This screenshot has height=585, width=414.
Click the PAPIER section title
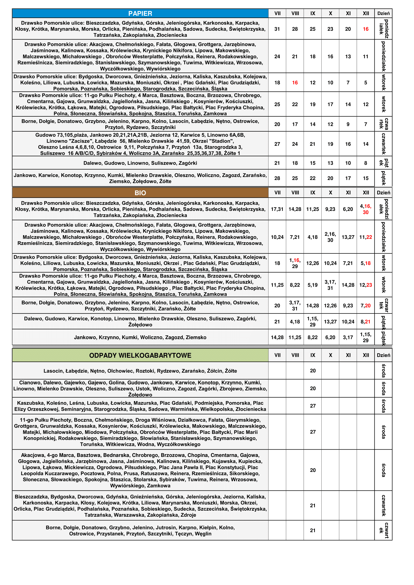pyautogui.click(x=140, y=14)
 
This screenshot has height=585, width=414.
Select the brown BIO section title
pyautogui.click(x=140, y=193)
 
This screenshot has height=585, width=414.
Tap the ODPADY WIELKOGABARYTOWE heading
pyautogui.click(x=140, y=356)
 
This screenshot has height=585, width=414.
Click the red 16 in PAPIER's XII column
pyautogui.click(x=365, y=29)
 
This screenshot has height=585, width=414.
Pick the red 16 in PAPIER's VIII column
pyautogui.click(x=295, y=83)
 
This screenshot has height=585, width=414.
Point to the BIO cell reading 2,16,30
pyautogui.click(x=330, y=237)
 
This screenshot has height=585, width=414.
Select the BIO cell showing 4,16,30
pyautogui.click(x=365, y=209)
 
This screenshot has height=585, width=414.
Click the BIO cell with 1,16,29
pyautogui.click(x=295, y=263)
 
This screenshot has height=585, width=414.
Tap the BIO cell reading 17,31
pyautogui.click(x=277, y=209)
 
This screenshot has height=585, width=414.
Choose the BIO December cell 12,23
pyautogui.click(x=365, y=285)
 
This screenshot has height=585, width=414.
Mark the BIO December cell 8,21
pyautogui.click(x=365, y=322)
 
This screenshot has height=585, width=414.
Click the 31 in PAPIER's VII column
pyautogui.click(x=277, y=29)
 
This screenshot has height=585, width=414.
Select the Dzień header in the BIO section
pyautogui.click(x=383, y=193)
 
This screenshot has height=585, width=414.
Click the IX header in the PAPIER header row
pyautogui.click(x=313, y=14)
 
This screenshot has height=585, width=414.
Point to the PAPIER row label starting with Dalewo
pyautogui.click(x=140, y=163)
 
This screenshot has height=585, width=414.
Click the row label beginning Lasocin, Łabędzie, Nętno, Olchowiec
pyautogui.click(x=140, y=371)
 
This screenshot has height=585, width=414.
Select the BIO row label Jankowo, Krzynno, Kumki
pyautogui.click(x=140, y=337)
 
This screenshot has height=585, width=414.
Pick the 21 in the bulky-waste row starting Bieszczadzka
pyautogui.click(x=313, y=505)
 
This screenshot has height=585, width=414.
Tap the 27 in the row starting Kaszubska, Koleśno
pyautogui.click(x=313, y=406)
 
